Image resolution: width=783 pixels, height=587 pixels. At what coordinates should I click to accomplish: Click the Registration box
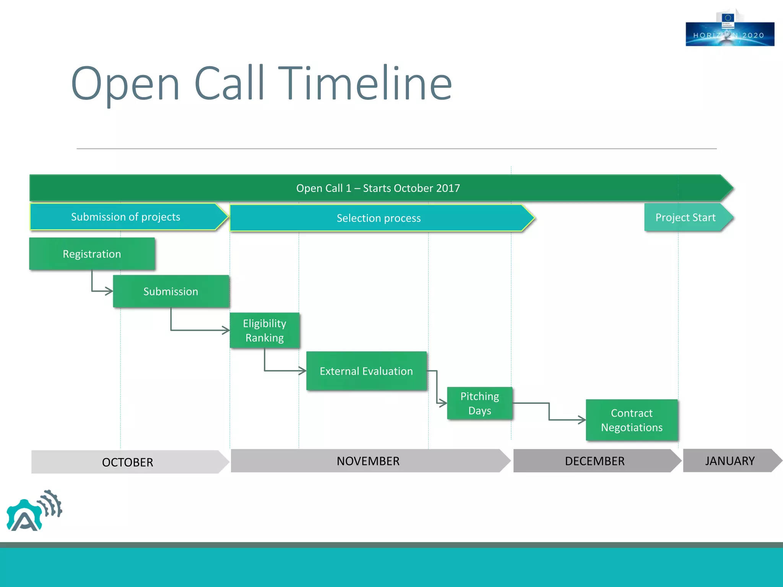92,254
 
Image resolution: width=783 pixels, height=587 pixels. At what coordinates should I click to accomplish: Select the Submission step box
171,292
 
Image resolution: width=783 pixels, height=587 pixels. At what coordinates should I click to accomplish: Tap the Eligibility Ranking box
265,331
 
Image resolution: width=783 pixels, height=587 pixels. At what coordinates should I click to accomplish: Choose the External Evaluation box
366,371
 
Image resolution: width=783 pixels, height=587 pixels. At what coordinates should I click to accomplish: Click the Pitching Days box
479,404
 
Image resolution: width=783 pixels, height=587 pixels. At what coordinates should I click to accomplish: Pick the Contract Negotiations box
632,420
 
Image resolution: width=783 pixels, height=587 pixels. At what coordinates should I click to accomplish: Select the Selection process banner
379,218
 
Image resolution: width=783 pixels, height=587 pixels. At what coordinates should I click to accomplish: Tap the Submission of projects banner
126,217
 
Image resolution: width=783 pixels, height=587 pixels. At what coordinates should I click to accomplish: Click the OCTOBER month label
128,462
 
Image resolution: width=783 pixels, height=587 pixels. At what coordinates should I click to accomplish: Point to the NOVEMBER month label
368,461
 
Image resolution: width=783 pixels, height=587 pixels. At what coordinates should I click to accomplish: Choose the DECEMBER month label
595,461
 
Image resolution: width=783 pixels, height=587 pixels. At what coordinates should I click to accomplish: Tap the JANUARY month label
729,461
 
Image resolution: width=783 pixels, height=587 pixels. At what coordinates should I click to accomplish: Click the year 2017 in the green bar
448,188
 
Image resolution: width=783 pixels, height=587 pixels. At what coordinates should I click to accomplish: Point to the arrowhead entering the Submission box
109,291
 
